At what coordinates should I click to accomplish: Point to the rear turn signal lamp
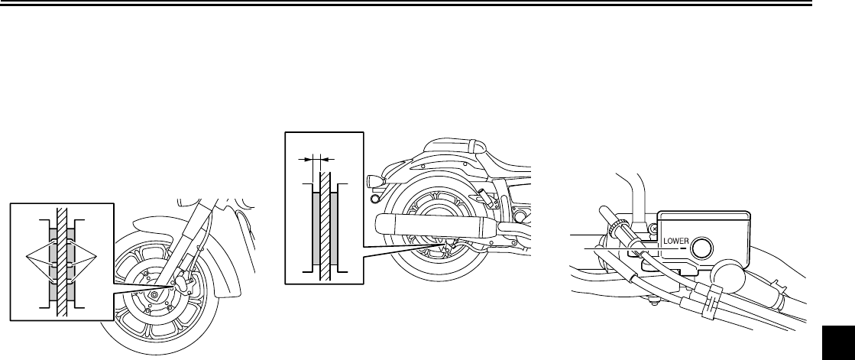pyautogui.click(x=374, y=181)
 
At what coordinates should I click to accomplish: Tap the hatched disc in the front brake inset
pyautogui.click(x=62, y=260)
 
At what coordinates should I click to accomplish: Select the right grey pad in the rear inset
pyautogui.click(x=335, y=229)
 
